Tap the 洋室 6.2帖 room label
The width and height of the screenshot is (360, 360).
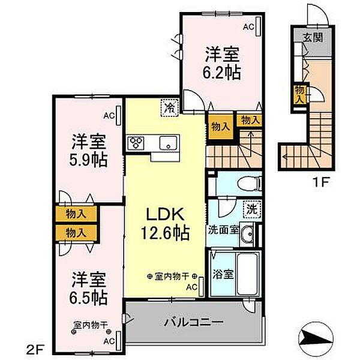click(x=223, y=62)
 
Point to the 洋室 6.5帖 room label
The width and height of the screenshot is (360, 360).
click(x=89, y=287)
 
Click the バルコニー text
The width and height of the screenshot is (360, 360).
click(x=194, y=322)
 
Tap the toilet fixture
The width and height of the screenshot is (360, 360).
click(x=248, y=182)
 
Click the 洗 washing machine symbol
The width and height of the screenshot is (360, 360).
click(x=253, y=209)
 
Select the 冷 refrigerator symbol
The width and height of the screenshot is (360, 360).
click(x=170, y=109)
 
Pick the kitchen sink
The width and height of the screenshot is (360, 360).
click(x=166, y=143)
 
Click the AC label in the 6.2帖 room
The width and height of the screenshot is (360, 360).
click(x=248, y=26)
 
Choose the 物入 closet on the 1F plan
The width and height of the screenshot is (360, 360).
click(x=298, y=94)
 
